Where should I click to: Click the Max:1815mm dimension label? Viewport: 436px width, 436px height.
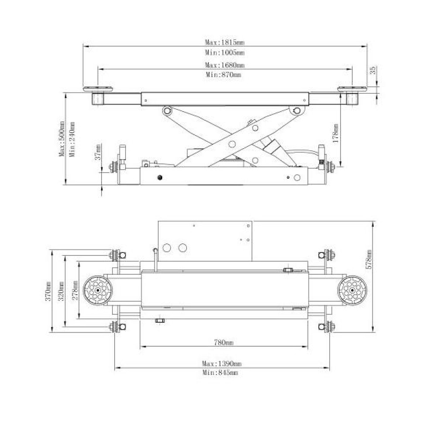[225, 42]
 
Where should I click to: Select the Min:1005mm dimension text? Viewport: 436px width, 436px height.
[225, 52]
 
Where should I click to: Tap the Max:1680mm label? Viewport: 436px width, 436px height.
[225, 65]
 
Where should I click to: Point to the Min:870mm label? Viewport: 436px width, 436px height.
[224, 75]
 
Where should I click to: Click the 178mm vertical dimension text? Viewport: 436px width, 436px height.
[336, 133]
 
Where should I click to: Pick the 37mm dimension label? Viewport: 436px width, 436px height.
[98, 152]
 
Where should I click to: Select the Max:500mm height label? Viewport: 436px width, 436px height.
[62, 139]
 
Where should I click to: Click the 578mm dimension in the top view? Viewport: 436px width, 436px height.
[369, 259]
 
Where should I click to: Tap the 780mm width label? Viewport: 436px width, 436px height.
[224, 343]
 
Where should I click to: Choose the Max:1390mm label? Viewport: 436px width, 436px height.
[222, 364]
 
